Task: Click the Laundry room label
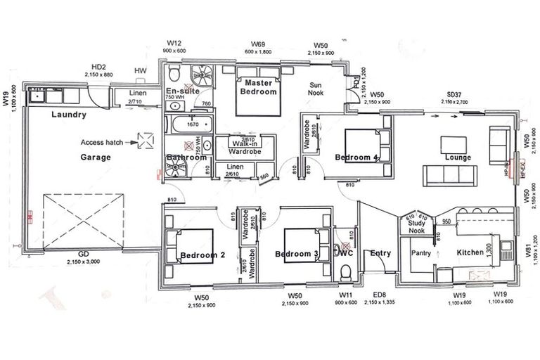(x=69, y=115)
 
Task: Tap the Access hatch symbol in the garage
(x=146, y=141)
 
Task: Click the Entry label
(x=380, y=253)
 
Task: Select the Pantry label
(x=420, y=252)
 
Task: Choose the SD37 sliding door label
(x=455, y=95)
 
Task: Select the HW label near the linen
(x=140, y=71)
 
